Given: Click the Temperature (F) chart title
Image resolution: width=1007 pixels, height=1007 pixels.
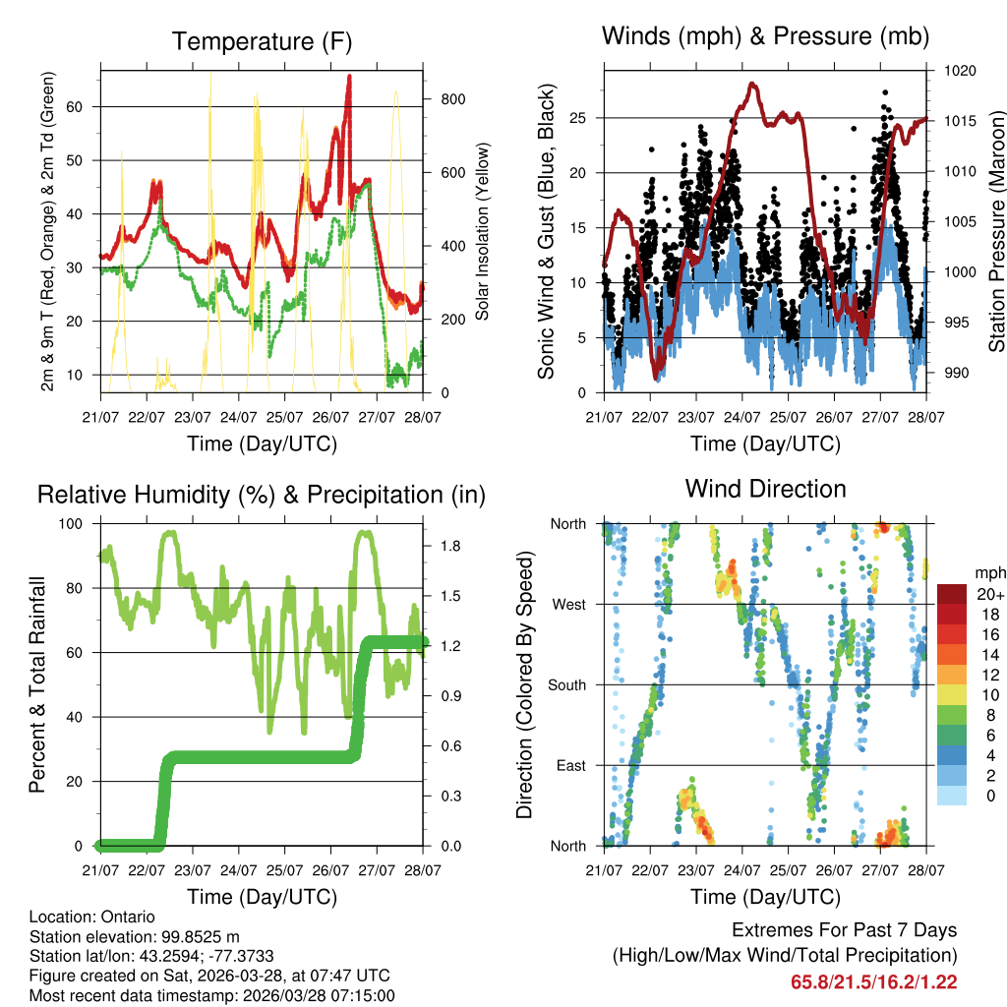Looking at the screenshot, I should (261, 41).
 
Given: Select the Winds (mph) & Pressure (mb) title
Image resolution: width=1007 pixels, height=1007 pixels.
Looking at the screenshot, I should (765, 36).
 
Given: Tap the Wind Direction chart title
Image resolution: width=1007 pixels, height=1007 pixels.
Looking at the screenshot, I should (765, 488).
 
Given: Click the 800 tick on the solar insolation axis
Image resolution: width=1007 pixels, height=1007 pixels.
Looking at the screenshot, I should (452, 99).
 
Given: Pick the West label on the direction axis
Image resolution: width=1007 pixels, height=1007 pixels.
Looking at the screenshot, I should (568, 604).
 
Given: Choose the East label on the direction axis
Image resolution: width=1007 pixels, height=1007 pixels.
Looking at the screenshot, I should (569, 765).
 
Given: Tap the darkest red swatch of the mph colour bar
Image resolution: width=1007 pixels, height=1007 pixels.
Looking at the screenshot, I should (951, 594).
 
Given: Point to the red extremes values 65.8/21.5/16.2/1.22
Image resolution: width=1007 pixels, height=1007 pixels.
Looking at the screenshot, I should (873, 981).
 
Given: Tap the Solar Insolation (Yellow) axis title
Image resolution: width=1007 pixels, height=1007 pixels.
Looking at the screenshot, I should (482, 231).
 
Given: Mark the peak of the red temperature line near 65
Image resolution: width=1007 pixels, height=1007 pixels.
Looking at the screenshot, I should (348, 77).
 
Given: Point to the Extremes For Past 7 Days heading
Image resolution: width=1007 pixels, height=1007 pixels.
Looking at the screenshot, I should (844, 930).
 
